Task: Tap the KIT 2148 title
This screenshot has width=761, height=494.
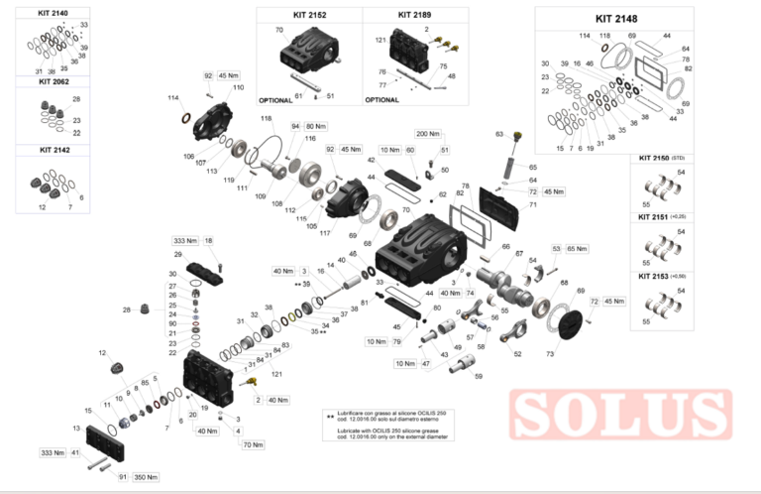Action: (616, 18)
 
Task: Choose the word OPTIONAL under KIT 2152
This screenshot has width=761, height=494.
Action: (276, 100)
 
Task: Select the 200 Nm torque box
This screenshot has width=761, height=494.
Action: (428, 133)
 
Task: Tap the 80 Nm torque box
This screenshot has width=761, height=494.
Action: (315, 127)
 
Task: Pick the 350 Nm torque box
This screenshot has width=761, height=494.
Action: (146, 477)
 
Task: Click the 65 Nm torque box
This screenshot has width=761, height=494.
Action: (576, 249)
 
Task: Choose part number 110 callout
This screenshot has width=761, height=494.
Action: (238, 87)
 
